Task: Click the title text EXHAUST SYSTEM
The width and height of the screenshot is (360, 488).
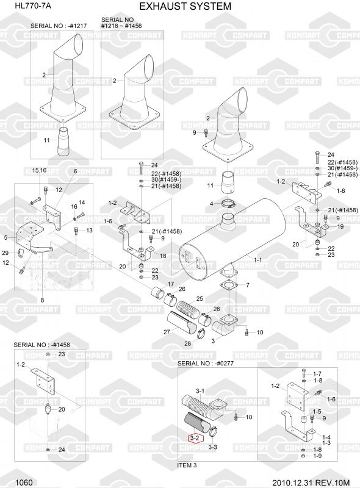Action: point(185,6)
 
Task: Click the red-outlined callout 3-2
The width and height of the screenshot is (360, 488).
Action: point(195,438)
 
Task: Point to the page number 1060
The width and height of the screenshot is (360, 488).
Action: point(24,483)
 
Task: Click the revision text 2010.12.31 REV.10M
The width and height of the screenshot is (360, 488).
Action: point(311,483)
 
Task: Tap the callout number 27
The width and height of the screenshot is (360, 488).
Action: point(167,332)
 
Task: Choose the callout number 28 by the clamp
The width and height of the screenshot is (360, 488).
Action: point(187,343)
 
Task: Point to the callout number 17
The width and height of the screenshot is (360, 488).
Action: point(171,284)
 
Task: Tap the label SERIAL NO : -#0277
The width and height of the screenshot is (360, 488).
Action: point(206,363)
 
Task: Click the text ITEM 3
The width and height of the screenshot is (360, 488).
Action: point(187,465)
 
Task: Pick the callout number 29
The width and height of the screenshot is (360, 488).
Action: point(5,253)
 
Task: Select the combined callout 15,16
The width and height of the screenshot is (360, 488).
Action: point(39,171)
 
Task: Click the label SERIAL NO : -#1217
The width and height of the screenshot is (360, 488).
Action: point(59,26)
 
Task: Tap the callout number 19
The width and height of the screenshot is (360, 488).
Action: point(340,226)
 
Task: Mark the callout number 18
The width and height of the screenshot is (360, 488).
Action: point(163,256)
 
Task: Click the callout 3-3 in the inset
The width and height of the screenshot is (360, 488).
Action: point(212,447)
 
